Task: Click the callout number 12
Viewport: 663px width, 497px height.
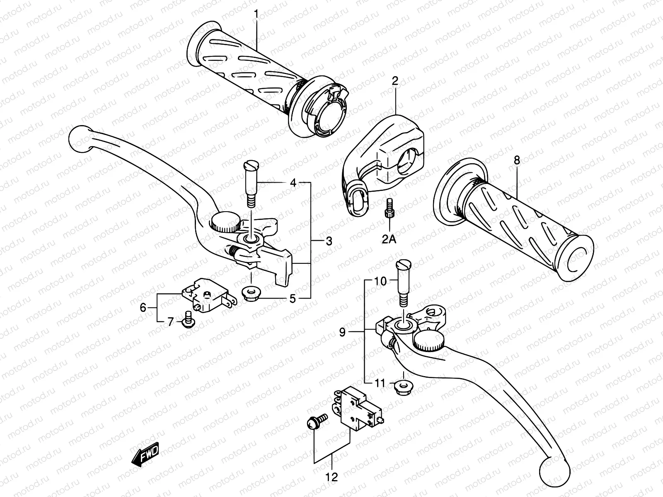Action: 332,477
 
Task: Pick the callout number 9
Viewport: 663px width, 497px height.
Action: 342,332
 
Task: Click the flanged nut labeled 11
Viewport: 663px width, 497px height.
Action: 401,388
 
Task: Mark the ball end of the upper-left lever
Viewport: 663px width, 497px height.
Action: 79,140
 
